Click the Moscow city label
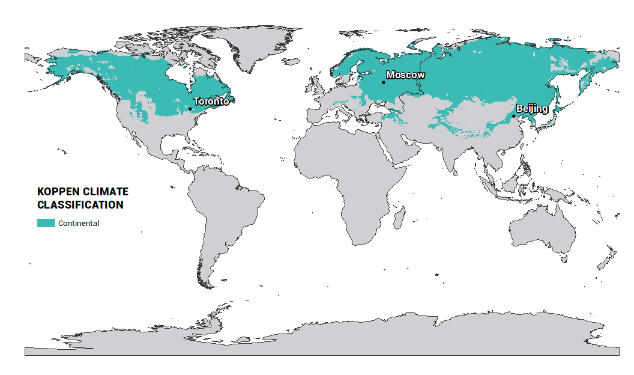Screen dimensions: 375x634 click(x=405, y=75)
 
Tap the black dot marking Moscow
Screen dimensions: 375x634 click(x=383, y=82)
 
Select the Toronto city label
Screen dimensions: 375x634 click(x=211, y=102)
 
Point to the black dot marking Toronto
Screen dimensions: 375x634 click(x=190, y=109)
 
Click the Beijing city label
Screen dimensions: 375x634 click(x=532, y=109)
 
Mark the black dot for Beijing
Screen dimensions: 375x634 click(x=513, y=116)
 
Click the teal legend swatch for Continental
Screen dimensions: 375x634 click(x=46, y=223)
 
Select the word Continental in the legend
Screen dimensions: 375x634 click(x=79, y=224)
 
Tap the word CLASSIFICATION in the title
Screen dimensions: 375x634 click(x=80, y=205)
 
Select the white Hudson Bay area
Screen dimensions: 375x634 click(x=178, y=75)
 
